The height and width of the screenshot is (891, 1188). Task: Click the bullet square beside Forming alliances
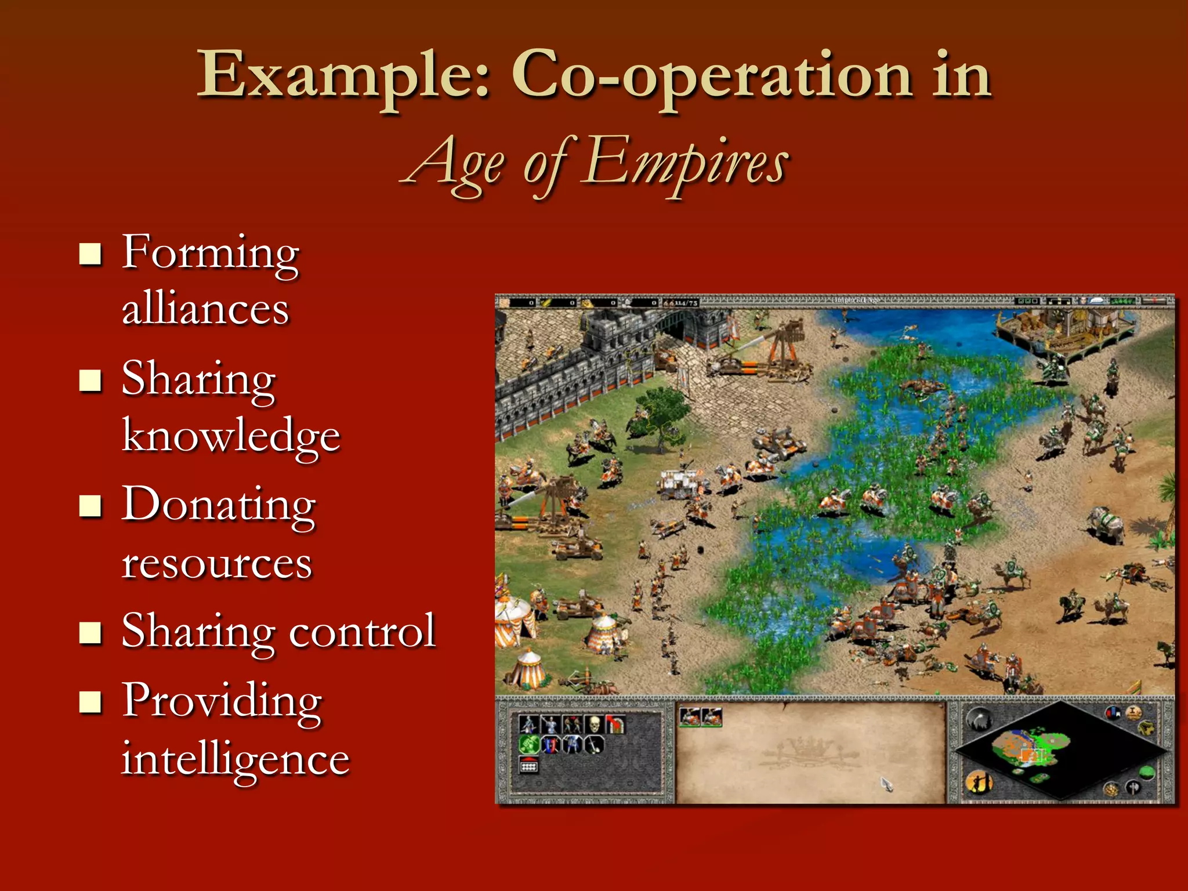pyautogui.click(x=90, y=254)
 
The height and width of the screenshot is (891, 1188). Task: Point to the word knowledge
pyautogui.click(x=231, y=436)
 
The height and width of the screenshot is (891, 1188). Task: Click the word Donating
pyautogui.click(x=219, y=505)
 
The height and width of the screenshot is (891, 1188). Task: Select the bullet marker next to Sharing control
pyautogui.click(x=90, y=633)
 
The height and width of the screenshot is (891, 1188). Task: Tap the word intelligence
pyautogui.click(x=236, y=759)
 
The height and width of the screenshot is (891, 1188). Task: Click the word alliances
pyautogui.click(x=205, y=309)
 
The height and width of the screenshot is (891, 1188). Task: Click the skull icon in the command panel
pyautogui.click(x=594, y=724)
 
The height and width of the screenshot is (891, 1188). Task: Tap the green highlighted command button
pyautogui.click(x=528, y=744)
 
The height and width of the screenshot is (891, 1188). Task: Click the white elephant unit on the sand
pyautogui.click(x=1106, y=523)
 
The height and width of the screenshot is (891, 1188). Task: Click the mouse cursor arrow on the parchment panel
pyautogui.click(x=886, y=784)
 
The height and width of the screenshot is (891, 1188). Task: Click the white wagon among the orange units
pyautogui.click(x=679, y=482)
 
